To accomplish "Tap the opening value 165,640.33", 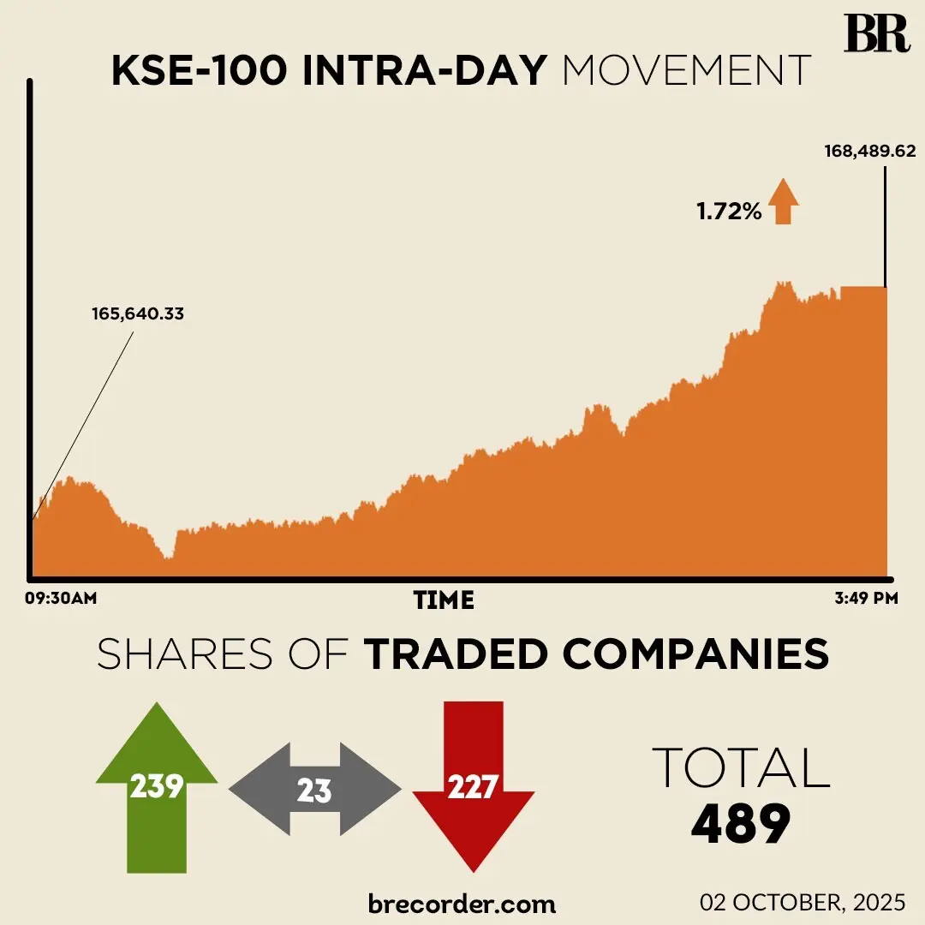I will click(138, 313).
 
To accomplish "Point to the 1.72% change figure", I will click(729, 211).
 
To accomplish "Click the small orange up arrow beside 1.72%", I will click(783, 202).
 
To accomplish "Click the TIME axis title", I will click(444, 600).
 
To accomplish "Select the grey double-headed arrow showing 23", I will click(314, 790).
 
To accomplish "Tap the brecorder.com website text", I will click(462, 903).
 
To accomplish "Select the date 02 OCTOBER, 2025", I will click(803, 903).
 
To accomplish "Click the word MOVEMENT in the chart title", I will click(686, 71).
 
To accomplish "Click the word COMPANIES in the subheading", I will click(695, 654).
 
